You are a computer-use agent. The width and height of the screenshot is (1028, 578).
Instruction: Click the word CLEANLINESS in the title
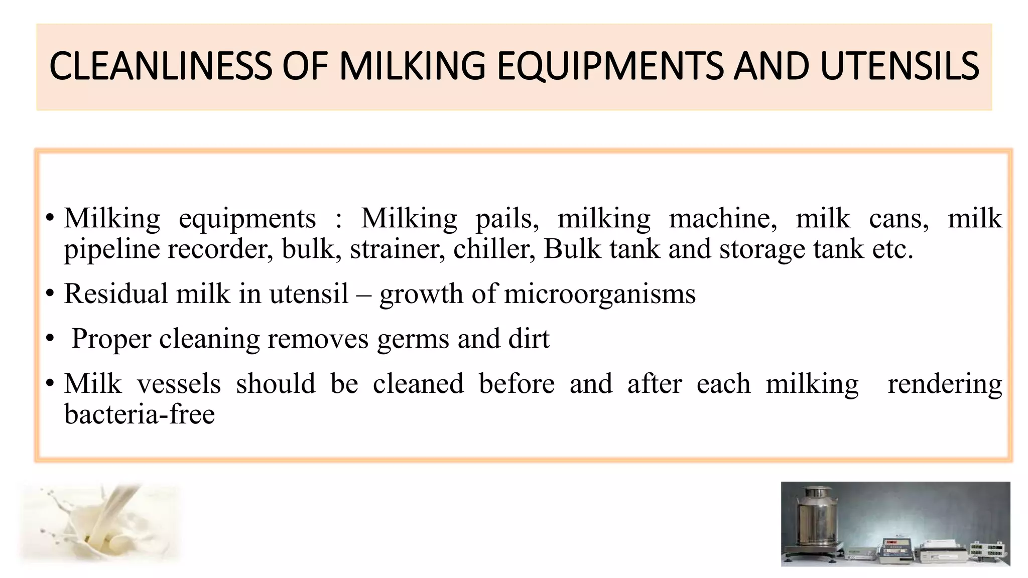point(161,66)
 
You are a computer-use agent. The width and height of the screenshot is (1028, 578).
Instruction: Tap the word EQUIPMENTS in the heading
point(610,66)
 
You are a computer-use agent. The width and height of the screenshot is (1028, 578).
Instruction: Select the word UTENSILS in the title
point(899,66)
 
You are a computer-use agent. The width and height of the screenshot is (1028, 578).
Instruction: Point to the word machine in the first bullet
point(723,218)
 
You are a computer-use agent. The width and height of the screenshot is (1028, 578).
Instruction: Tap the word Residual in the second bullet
point(115,294)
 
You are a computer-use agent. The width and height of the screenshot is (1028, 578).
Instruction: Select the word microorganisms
point(600,295)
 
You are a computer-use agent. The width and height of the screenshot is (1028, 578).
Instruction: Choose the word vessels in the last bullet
point(179,384)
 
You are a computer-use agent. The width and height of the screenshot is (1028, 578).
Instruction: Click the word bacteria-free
point(140,414)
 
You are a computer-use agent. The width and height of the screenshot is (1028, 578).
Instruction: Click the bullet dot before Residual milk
point(49,294)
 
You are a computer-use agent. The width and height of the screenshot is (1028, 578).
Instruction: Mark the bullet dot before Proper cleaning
point(49,339)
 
